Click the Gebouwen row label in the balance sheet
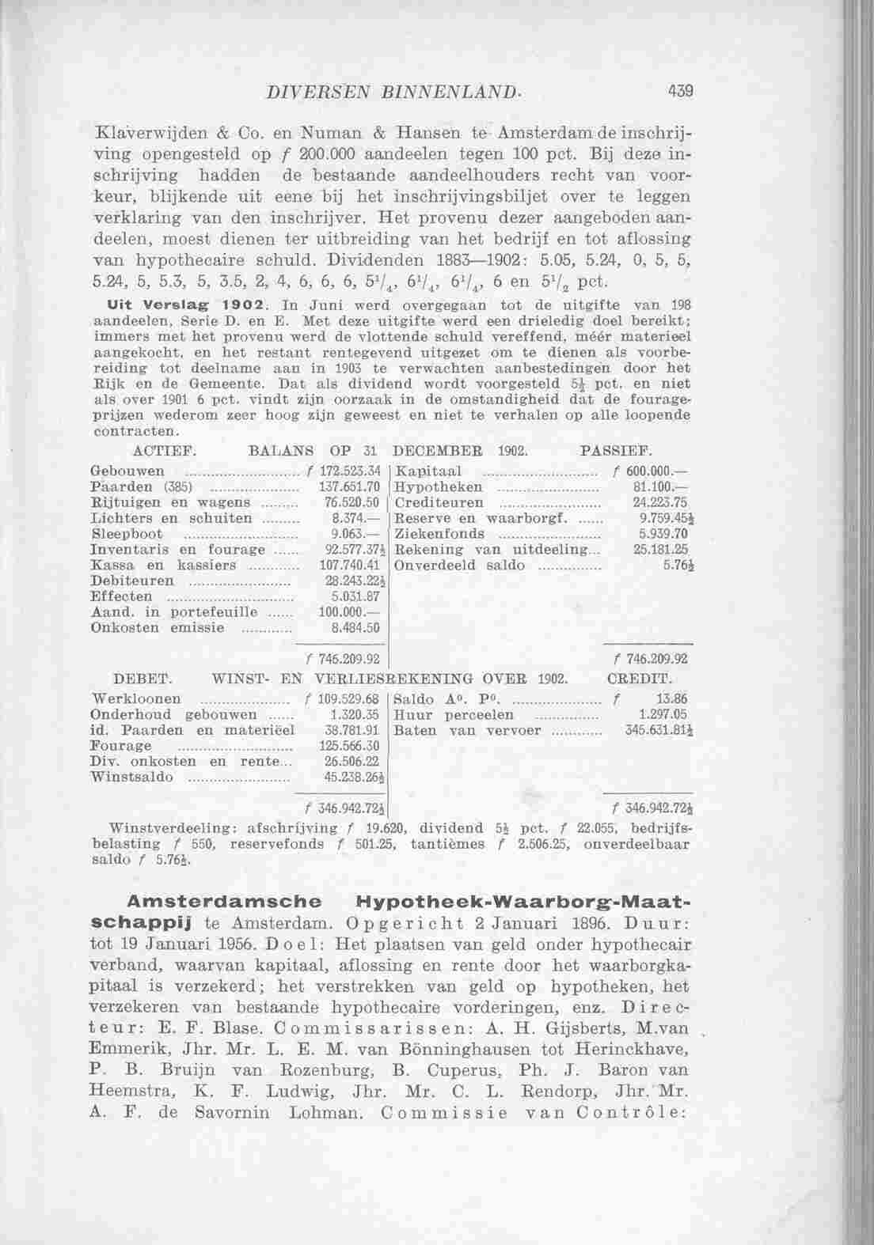(127, 472)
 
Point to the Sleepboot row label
(127, 533)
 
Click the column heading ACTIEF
(165, 452)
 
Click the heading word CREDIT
(639, 679)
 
